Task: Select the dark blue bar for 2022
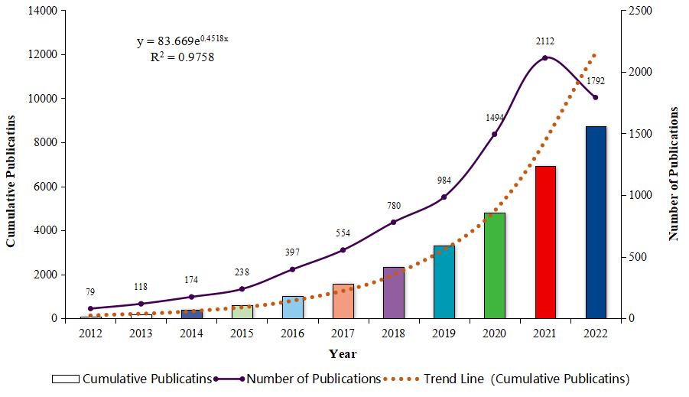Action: pyautogui.click(x=596, y=222)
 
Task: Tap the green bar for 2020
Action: pyautogui.click(x=495, y=265)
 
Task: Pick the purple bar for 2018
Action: pyautogui.click(x=394, y=292)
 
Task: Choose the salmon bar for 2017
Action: pyautogui.click(x=343, y=301)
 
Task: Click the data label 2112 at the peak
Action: pyautogui.click(x=545, y=41)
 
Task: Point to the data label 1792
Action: pyautogui.click(x=596, y=80)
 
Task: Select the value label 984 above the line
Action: pyautogui.click(x=444, y=181)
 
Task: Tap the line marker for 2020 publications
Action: pyautogui.click(x=495, y=135)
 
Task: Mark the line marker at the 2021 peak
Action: pyautogui.click(x=545, y=58)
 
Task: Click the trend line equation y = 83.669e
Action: pyautogui.click(x=182, y=41)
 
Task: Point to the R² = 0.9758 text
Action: pyautogui.click(x=182, y=56)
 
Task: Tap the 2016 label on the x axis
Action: pyautogui.click(x=293, y=334)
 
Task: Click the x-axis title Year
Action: pyautogui.click(x=343, y=353)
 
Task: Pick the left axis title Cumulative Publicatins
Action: pyautogui.click(x=11, y=180)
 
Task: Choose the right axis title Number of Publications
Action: pyautogui.click(x=674, y=174)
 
